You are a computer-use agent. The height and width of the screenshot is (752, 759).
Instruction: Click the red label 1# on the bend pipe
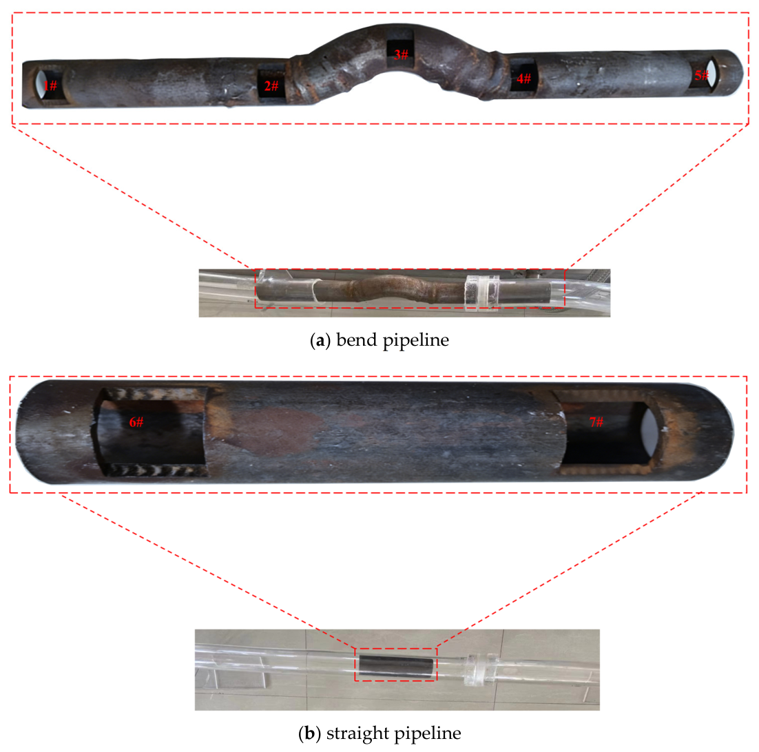(50, 86)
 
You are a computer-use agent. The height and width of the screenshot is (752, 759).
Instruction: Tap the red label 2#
(271, 86)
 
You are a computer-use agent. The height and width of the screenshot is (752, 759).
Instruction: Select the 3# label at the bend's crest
(401, 54)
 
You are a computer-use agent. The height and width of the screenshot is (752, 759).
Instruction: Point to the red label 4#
(523, 79)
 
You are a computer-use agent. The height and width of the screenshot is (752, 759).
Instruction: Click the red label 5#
(702, 75)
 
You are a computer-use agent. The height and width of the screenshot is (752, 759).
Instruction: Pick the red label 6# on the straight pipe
(136, 422)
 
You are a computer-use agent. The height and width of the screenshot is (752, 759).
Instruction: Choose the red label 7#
(596, 422)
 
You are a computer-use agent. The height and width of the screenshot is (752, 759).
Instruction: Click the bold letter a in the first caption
(320, 341)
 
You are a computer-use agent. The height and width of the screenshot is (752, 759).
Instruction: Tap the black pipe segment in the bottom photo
(397, 665)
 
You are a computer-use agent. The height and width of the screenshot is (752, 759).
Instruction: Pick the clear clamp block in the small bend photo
(482, 292)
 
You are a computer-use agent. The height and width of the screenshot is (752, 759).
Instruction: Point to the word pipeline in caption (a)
(416, 340)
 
